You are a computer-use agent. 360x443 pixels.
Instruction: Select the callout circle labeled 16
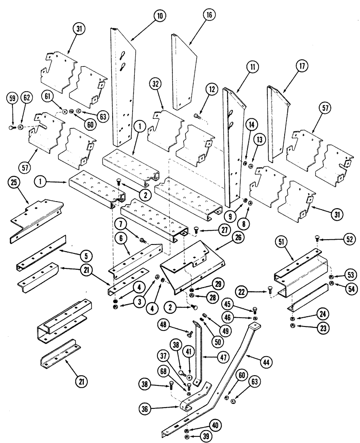coord(209,15)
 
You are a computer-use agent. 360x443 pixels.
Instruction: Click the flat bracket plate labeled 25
coord(35,217)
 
